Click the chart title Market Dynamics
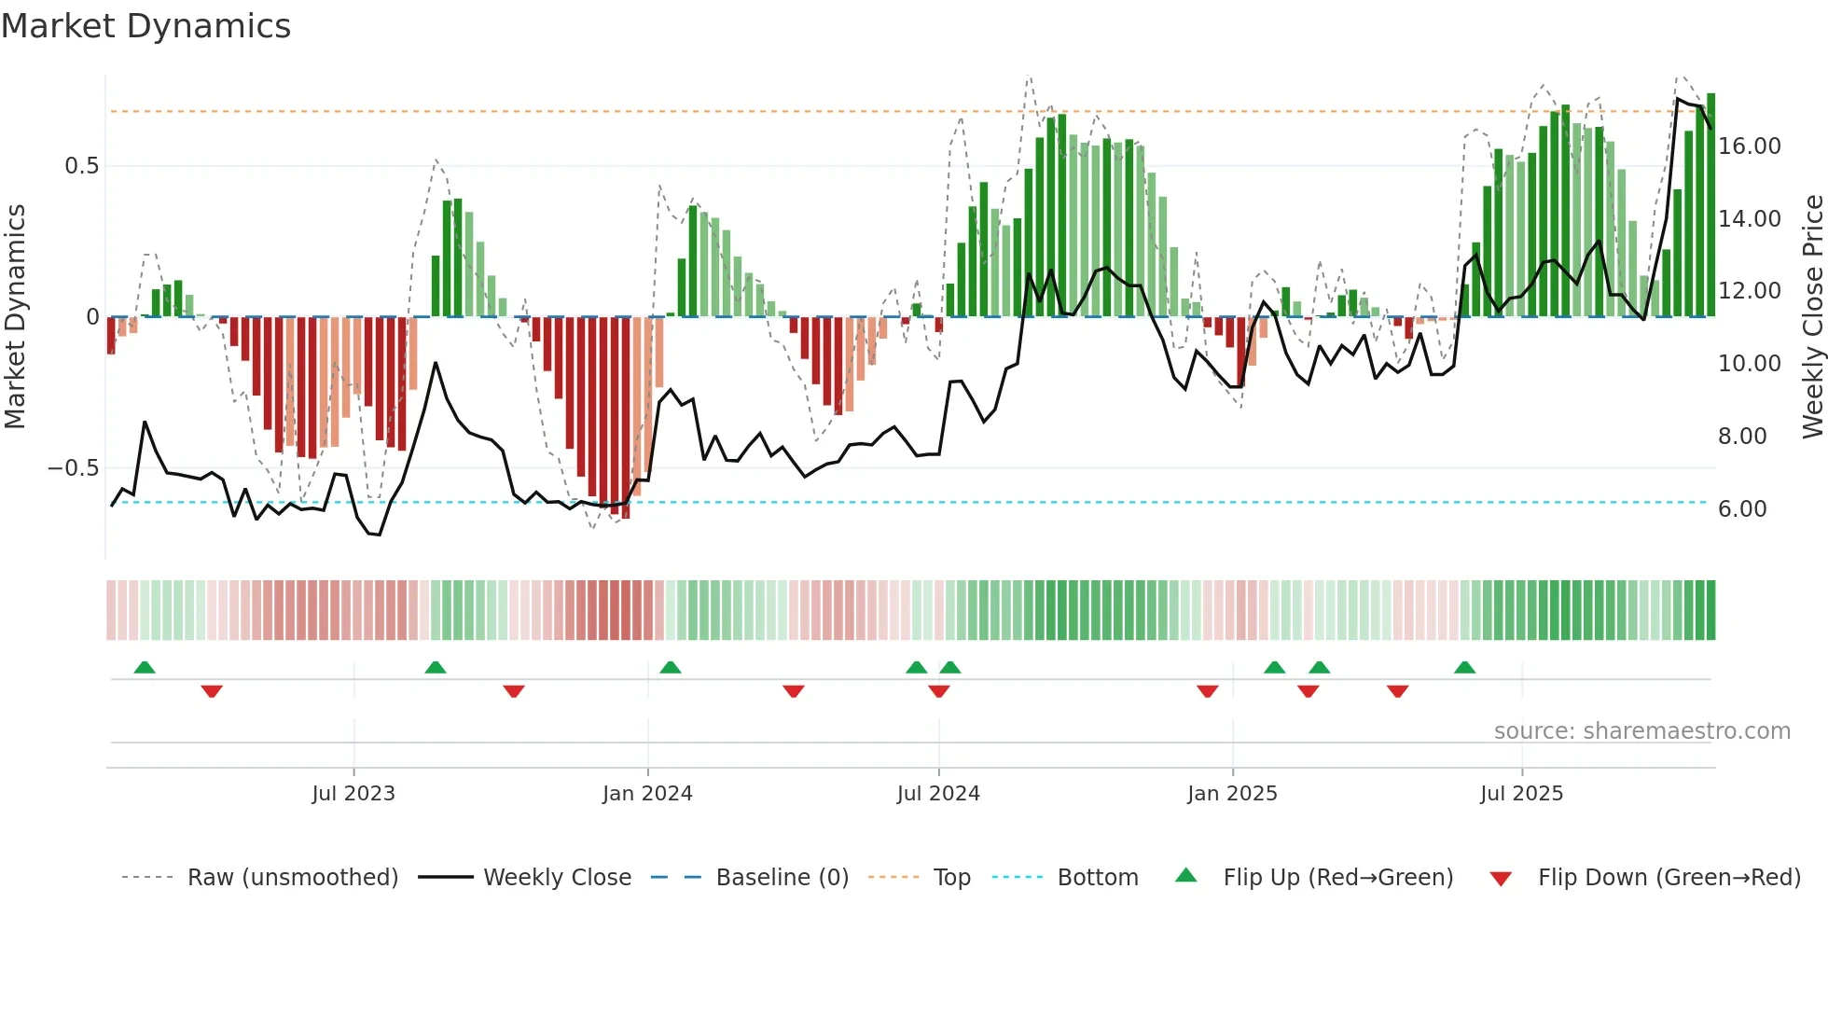coord(145,26)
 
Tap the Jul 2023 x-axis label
coord(353,794)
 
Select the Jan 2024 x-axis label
coord(647,794)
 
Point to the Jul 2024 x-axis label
coord(938,794)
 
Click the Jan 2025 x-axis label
coord(1232,794)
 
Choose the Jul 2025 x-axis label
coord(1521,794)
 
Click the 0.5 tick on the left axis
coord(81,166)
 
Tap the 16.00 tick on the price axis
coord(1750,146)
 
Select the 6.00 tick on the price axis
coord(1742,509)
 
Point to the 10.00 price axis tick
coord(1750,364)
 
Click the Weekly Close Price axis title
coord(1812,317)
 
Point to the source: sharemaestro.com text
coord(1641,731)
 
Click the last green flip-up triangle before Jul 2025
coord(1464,668)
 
